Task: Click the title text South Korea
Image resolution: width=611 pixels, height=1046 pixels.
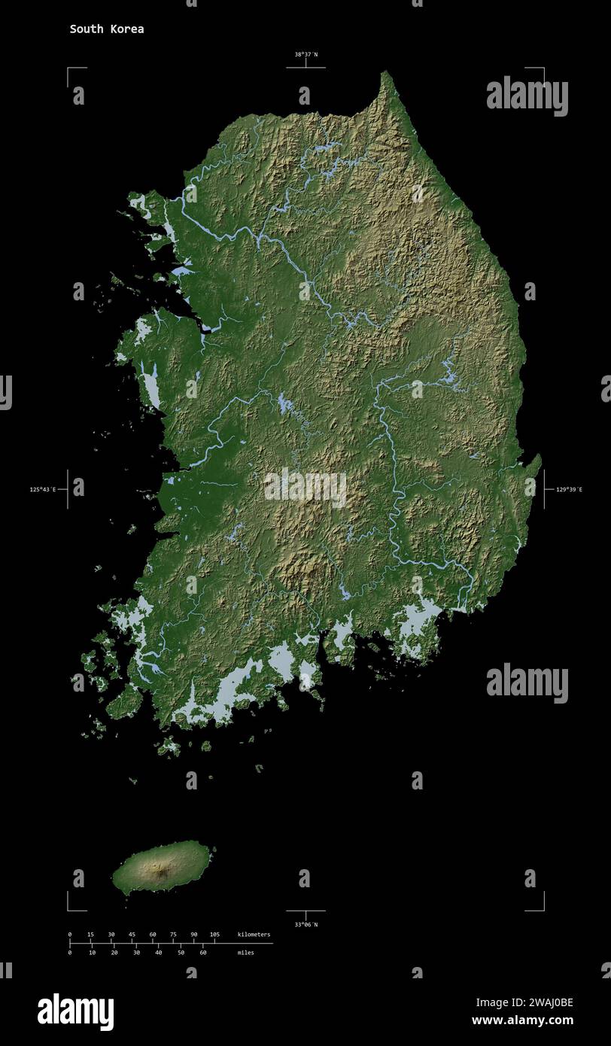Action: tap(107, 29)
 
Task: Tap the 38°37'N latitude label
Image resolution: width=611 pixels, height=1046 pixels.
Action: tap(305, 54)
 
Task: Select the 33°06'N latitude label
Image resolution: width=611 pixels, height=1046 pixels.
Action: tap(305, 924)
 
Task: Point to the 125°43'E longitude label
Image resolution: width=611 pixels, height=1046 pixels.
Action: tap(44, 490)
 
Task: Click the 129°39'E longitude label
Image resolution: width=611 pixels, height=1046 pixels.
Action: tap(569, 490)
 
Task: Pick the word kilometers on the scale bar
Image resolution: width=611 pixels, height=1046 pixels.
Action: tap(254, 935)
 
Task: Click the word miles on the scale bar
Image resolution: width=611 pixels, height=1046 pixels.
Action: tap(245, 953)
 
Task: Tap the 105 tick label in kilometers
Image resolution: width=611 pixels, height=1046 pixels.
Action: tap(214, 935)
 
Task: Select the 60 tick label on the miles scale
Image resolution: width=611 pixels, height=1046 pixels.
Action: tap(202, 953)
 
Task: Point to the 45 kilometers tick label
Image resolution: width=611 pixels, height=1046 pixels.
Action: tap(132, 935)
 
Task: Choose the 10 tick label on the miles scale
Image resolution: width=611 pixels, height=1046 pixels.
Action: tap(92, 953)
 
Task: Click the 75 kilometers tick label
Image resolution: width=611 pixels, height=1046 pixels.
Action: tap(173, 935)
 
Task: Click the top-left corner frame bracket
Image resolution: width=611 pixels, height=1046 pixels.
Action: tap(69, 70)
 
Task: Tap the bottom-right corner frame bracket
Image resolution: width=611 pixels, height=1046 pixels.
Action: tap(542, 908)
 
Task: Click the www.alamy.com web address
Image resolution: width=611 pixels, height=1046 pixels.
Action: tap(522, 1021)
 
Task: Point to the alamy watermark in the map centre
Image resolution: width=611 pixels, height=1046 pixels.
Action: tap(305, 487)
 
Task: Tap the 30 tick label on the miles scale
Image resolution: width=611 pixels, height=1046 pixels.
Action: tap(136, 953)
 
